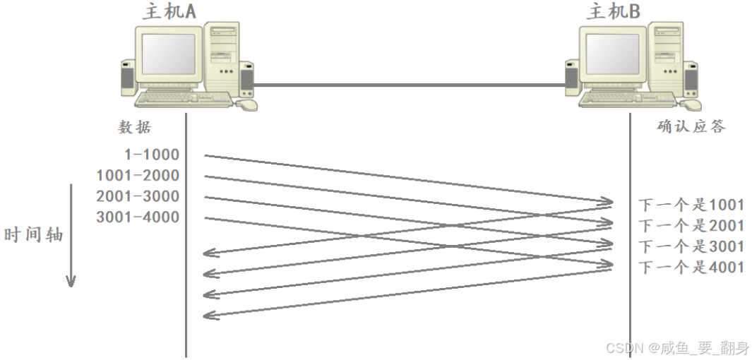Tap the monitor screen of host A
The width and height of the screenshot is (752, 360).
(168, 52)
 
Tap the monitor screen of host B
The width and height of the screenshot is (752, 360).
(612, 52)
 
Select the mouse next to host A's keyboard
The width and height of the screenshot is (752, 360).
(246, 104)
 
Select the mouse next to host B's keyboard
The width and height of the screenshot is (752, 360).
(691, 104)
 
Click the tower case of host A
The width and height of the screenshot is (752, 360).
(222, 56)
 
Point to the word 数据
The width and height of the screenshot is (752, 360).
(134, 127)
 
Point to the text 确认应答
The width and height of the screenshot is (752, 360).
(691, 127)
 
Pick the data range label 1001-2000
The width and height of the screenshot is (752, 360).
(138, 175)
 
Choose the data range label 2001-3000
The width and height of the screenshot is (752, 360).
(138, 196)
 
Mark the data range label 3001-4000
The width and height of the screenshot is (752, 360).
(138, 217)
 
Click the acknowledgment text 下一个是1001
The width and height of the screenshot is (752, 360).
(691, 205)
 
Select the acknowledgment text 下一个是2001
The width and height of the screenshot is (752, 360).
(691, 226)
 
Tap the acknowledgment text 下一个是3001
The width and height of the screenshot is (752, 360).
(691, 246)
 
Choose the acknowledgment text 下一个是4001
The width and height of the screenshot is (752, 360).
(691, 268)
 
